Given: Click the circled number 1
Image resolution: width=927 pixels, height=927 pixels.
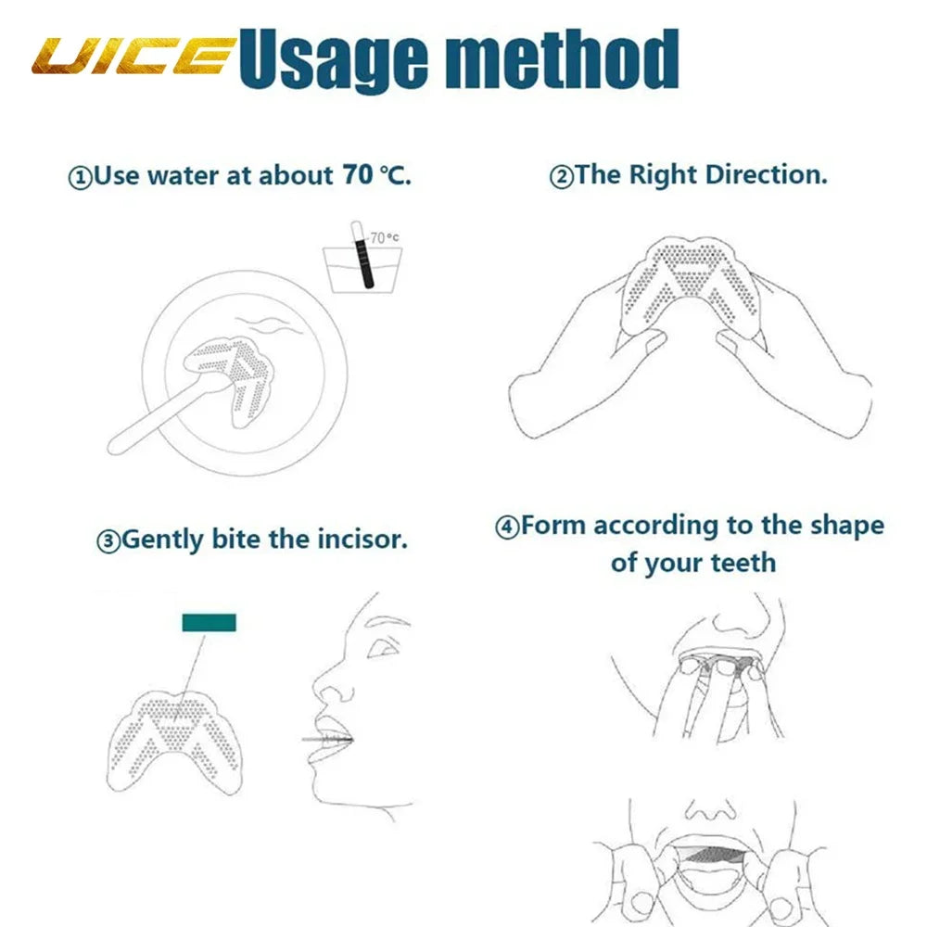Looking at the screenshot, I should coord(81,177).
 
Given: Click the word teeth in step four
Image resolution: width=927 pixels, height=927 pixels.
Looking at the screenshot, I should coord(743,562).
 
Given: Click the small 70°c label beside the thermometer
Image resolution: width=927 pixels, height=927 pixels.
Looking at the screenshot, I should coord(384,237).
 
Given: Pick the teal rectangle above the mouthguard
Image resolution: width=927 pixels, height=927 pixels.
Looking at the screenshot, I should coord(209,622).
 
